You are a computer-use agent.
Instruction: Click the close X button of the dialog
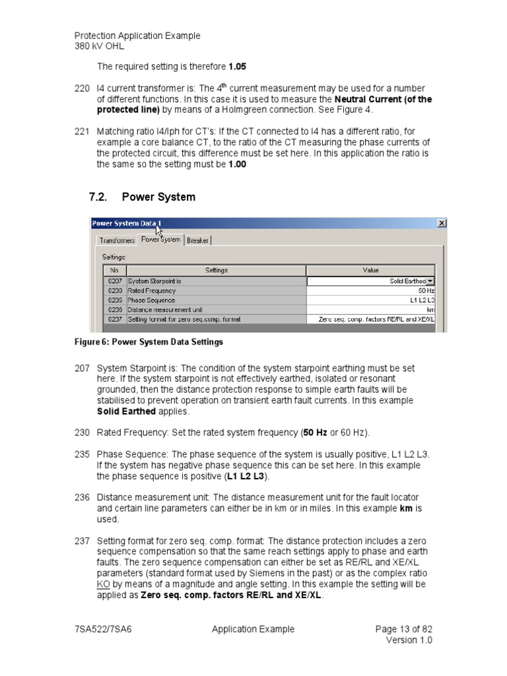[x=441, y=224]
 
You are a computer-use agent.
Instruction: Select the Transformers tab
[x=116, y=240]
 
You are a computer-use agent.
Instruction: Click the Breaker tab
[x=197, y=240]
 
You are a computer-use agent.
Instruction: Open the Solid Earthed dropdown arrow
[x=431, y=281]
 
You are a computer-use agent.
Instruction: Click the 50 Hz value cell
[x=371, y=290]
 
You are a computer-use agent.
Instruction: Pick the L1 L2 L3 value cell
[x=371, y=300]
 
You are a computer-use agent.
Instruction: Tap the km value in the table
[x=371, y=309]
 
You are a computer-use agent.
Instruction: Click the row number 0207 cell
[x=115, y=281]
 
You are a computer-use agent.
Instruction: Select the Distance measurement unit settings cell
[x=216, y=309]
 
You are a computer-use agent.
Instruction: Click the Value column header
[x=371, y=270]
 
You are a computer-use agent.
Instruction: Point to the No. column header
[x=115, y=270]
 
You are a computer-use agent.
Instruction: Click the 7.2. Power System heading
[x=142, y=197]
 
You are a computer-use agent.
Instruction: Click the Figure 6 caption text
[x=148, y=342]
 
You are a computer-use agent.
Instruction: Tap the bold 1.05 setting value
[x=238, y=67]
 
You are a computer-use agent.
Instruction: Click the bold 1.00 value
[x=237, y=164]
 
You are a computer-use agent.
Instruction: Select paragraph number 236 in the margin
[x=82, y=496]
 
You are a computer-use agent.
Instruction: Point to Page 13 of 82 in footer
[x=403, y=629]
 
